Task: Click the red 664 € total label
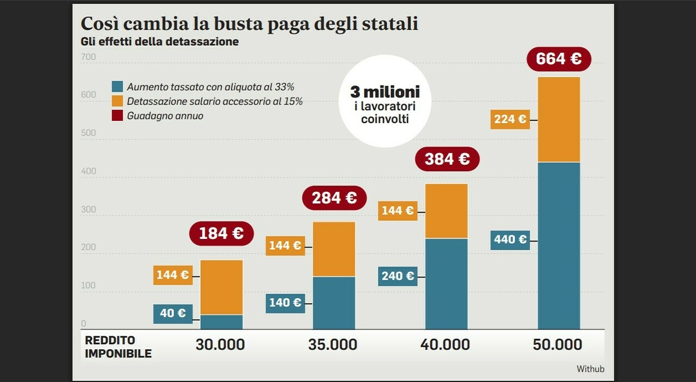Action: [x=558, y=59]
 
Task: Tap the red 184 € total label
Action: [x=221, y=233]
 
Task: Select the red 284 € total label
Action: [x=334, y=198]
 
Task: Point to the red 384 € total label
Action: [x=447, y=159]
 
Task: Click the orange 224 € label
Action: [x=509, y=119]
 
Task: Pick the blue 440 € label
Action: [x=509, y=239]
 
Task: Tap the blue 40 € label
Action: [x=173, y=313]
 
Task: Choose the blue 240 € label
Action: [x=397, y=276]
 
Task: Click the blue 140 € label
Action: [x=285, y=303]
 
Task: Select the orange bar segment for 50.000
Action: [x=558, y=120]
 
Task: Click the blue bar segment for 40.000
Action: [x=446, y=284]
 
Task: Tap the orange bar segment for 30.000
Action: [x=221, y=287]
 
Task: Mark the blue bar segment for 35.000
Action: [x=334, y=303]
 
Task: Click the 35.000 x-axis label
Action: [x=333, y=344]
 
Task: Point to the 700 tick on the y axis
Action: [x=88, y=58]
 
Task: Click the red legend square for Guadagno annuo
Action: [x=117, y=115]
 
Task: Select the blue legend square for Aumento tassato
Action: [x=117, y=87]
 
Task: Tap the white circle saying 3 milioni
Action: [x=384, y=101]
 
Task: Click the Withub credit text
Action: [x=590, y=369]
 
